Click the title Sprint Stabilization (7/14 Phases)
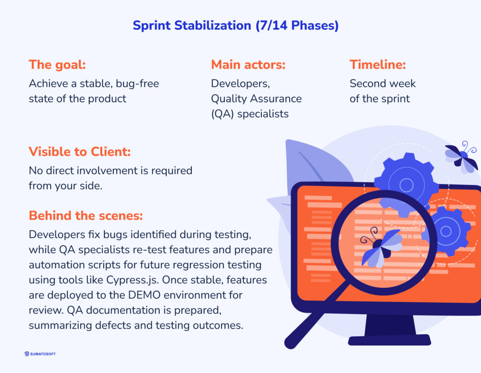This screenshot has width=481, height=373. click(x=235, y=26)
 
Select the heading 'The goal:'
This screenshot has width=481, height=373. click(x=57, y=65)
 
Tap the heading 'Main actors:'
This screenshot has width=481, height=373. click(x=248, y=65)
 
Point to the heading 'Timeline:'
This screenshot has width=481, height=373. click(x=378, y=65)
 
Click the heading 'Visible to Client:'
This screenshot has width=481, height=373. click(x=79, y=152)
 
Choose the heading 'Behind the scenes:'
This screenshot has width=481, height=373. click(x=86, y=216)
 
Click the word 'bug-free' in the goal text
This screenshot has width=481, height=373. click(x=137, y=84)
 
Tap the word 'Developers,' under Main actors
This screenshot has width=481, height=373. click(x=240, y=84)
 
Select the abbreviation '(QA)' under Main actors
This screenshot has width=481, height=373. click(x=223, y=113)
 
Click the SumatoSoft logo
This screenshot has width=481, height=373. click(x=40, y=354)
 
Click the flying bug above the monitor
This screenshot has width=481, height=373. click(x=461, y=157)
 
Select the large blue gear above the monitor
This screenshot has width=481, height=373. click(x=406, y=185)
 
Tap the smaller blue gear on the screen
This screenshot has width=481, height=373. click(x=446, y=231)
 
